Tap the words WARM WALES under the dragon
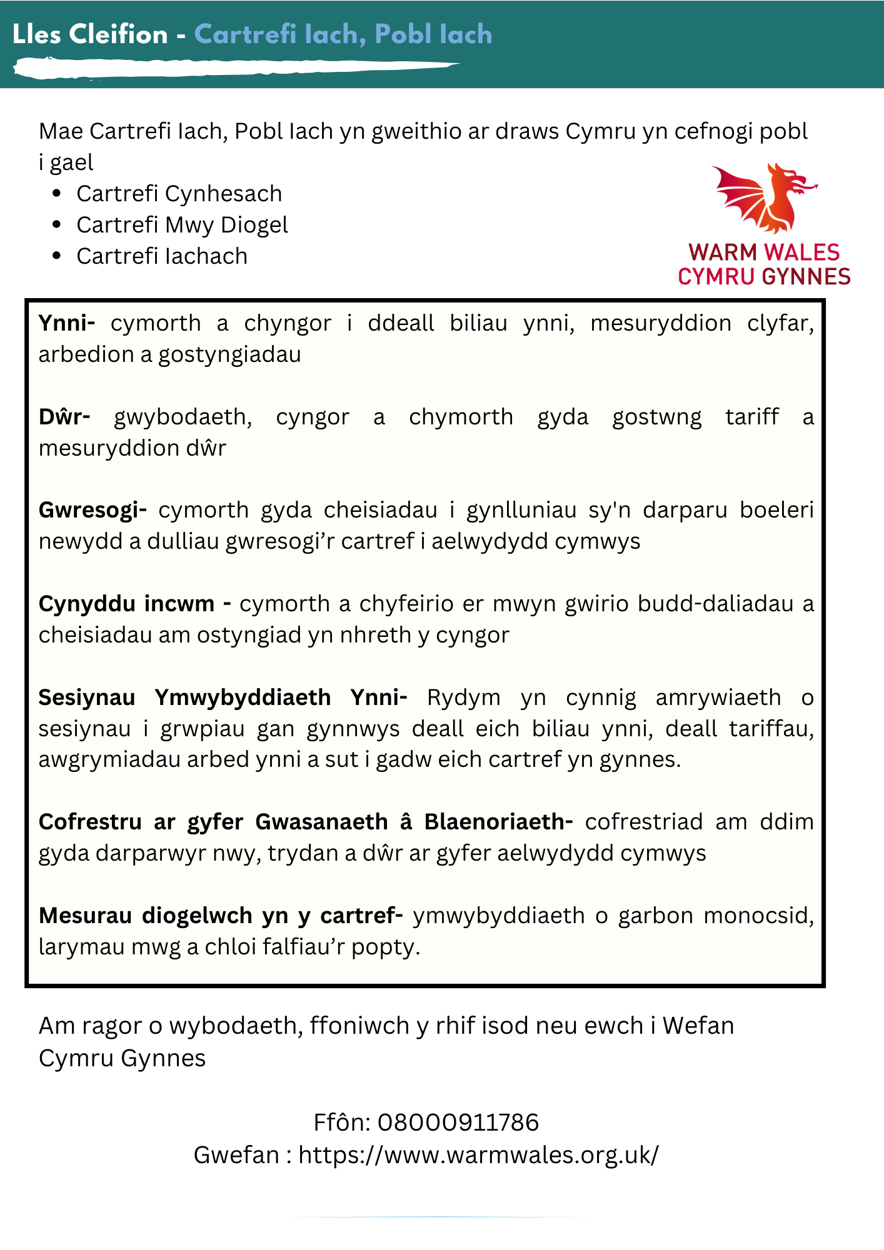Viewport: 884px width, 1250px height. coord(764,252)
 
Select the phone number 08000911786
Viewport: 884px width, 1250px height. coord(458,1122)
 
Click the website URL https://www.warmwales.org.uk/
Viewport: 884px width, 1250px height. coord(478,1155)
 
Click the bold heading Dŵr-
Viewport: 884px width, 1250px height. coord(64,417)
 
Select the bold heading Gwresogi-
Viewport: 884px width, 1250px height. coord(93,511)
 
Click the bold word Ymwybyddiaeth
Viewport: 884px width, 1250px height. coord(243,697)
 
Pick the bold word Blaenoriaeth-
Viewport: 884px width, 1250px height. coord(498,822)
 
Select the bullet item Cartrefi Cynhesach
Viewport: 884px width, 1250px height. coord(179,194)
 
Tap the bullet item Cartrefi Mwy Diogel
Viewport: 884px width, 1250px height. coord(182,225)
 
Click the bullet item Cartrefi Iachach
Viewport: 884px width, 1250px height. coord(162,256)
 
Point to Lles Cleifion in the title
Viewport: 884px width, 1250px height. coord(90,34)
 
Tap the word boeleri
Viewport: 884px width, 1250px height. coord(776,511)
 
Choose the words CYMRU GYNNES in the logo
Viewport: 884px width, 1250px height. coord(764,276)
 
